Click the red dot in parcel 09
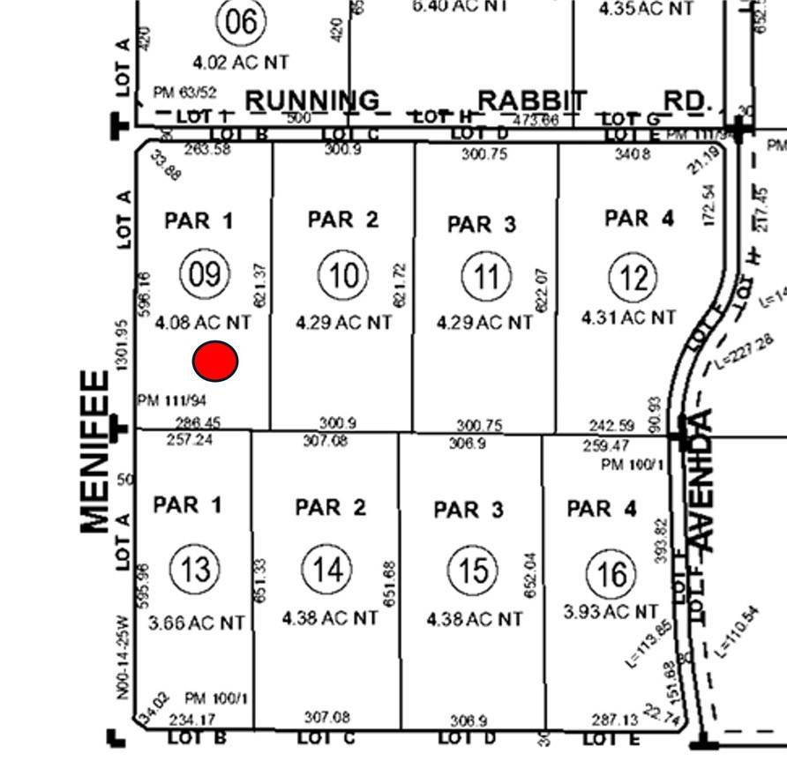click(215, 361)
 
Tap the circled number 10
click(343, 276)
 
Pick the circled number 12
click(633, 279)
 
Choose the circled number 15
click(473, 571)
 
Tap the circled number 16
click(611, 575)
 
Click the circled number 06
click(241, 22)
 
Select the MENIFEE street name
click(94, 451)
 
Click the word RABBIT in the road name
click(532, 101)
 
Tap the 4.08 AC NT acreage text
click(203, 324)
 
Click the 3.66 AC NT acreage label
click(197, 623)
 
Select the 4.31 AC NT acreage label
click(629, 317)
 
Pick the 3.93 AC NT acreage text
click(611, 611)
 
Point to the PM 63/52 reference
click(184, 93)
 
